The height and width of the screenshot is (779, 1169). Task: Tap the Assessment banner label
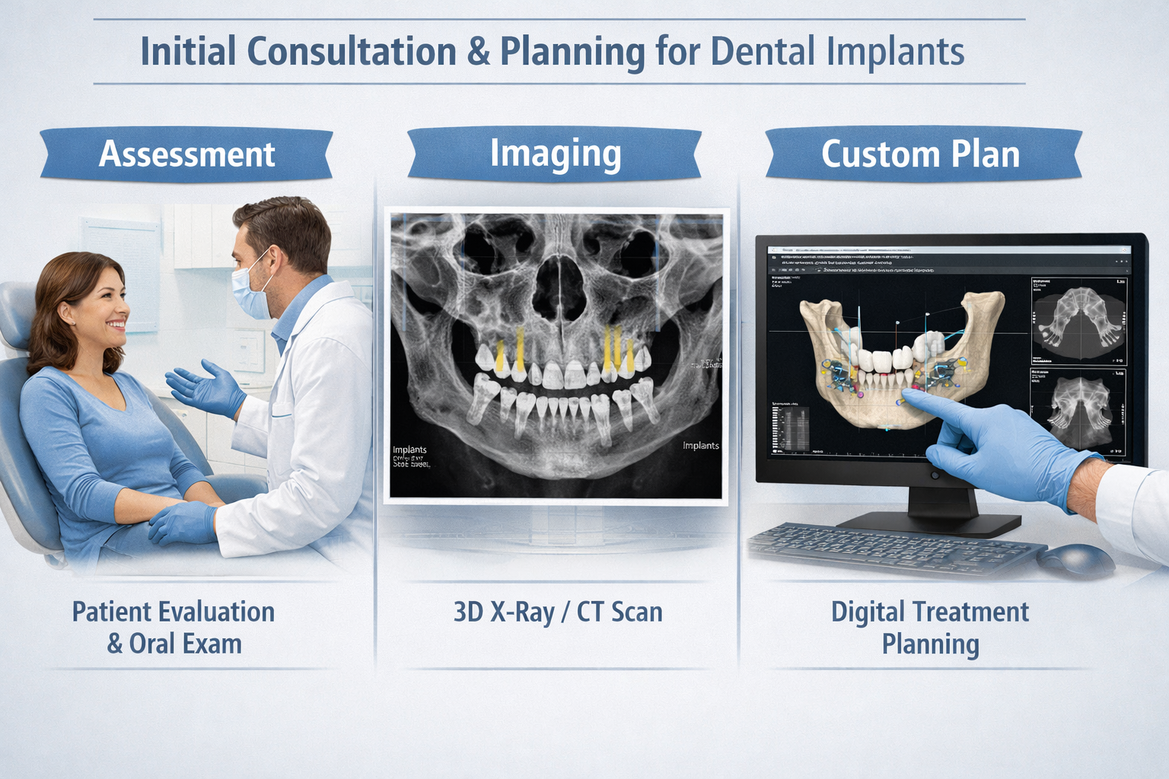click(186, 154)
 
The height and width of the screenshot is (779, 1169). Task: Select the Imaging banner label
click(555, 153)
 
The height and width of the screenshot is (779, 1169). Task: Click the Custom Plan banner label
click(920, 154)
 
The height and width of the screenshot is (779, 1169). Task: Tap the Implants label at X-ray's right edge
click(700, 446)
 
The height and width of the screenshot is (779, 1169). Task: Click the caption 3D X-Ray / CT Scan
click(558, 612)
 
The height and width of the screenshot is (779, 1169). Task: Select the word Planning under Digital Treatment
click(930, 645)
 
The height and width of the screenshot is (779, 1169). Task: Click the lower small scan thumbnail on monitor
click(1078, 412)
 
